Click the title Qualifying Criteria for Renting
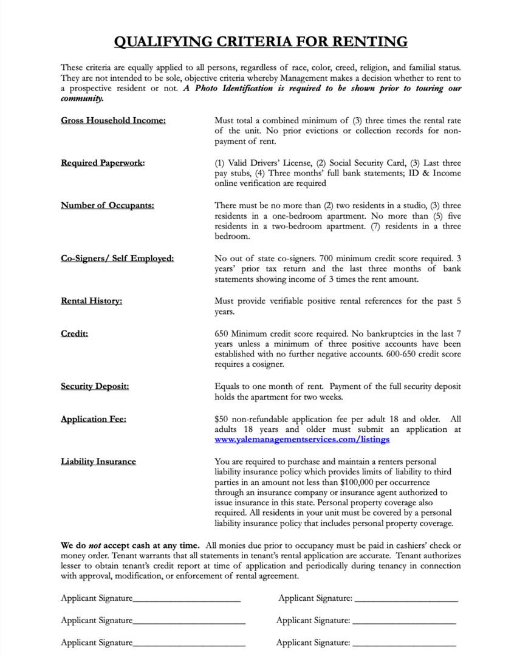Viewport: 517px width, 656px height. pyautogui.click(x=261, y=41)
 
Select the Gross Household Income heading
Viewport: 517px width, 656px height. pyautogui.click(x=113, y=120)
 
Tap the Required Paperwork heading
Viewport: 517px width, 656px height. pyautogui.click(x=103, y=163)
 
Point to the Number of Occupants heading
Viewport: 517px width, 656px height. pyautogui.click(x=107, y=205)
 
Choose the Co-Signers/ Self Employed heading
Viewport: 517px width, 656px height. pyautogui.click(x=117, y=258)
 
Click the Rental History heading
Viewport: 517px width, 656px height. pyautogui.click(x=91, y=301)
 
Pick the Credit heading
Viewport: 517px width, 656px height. pyautogui.click(x=74, y=333)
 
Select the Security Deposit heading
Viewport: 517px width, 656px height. pyautogui.click(x=95, y=386)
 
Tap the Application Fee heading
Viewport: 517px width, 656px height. pyautogui.click(x=94, y=419)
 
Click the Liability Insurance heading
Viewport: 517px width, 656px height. pyautogui.click(x=98, y=462)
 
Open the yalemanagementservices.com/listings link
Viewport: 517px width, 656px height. pyautogui.click(x=302, y=439)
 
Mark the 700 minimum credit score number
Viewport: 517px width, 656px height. pyautogui.click(x=321, y=258)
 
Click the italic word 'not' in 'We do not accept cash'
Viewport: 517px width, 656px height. pyautogui.click(x=95, y=545)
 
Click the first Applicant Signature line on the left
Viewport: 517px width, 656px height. pyautogui.click(x=187, y=599)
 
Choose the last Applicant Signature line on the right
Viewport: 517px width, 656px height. pyautogui.click(x=404, y=643)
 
